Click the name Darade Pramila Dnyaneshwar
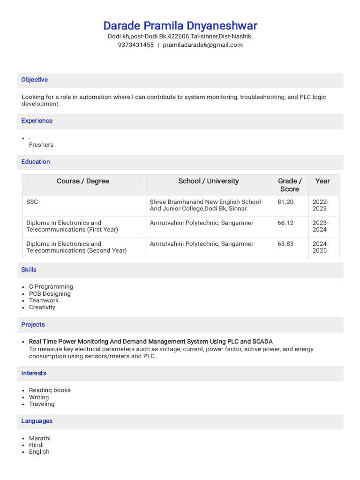(x=180, y=25)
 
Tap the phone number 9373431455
(x=135, y=45)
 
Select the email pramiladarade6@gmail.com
(x=202, y=45)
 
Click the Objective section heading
(x=35, y=80)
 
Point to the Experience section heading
(x=37, y=120)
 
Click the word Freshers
(x=41, y=145)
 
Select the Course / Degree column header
(x=83, y=181)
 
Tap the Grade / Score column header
(x=290, y=185)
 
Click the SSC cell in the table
(x=32, y=202)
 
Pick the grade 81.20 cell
(x=285, y=202)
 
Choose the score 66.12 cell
(x=285, y=223)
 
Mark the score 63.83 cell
(x=285, y=244)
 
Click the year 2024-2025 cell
(x=321, y=247)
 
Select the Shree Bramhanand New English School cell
(x=205, y=205)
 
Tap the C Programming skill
(x=51, y=287)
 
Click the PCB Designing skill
(x=50, y=294)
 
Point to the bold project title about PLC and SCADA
(x=150, y=342)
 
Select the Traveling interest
(x=42, y=404)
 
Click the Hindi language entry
(x=36, y=445)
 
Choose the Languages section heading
(x=37, y=421)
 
